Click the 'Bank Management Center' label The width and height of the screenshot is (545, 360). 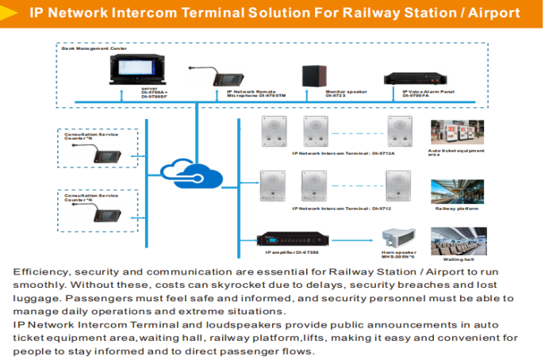[x=94, y=48]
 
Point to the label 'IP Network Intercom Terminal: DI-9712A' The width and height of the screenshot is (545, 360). [x=343, y=153]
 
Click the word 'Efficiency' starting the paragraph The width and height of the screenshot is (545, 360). [x=36, y=272]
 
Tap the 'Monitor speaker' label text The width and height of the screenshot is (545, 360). [x=346, y=92]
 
